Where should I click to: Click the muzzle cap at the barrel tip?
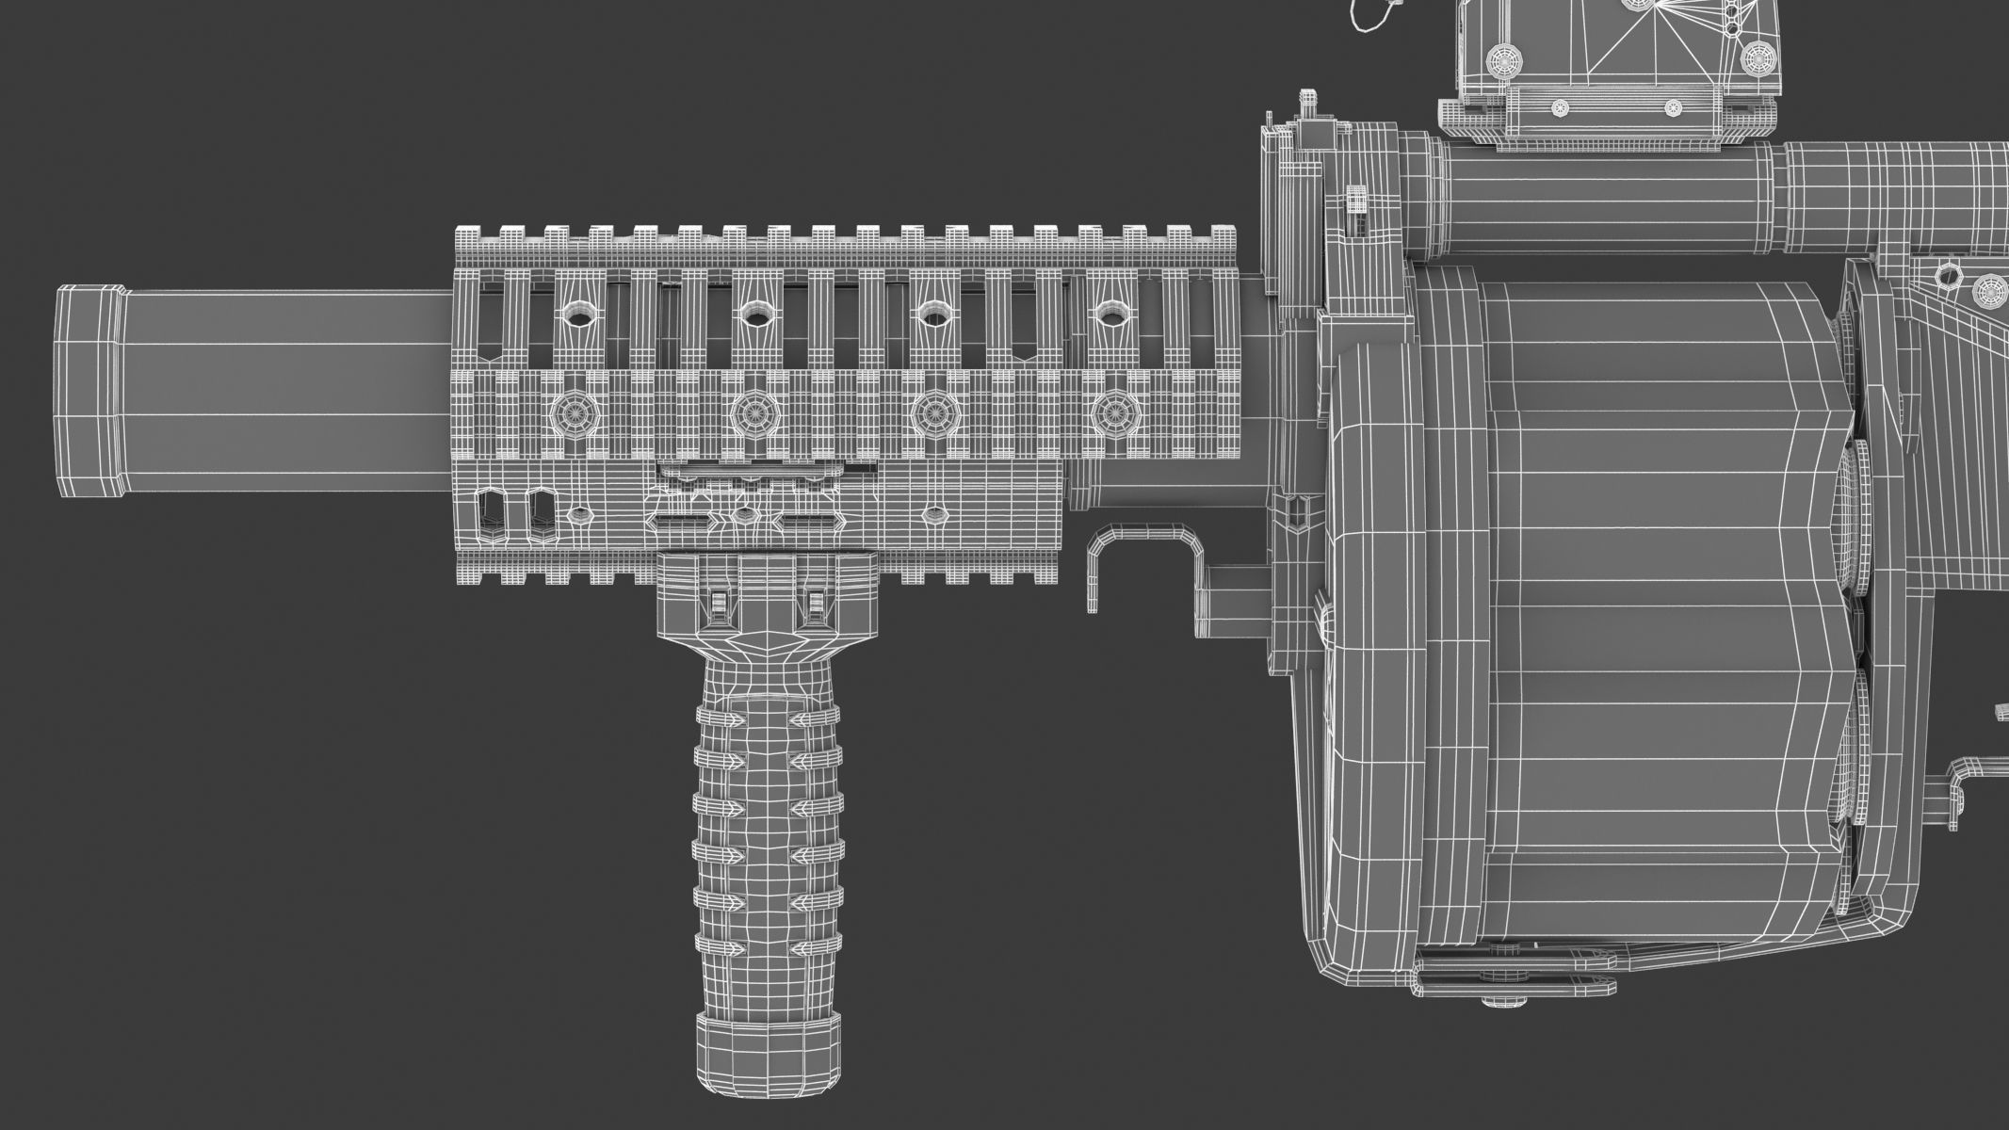[x=89, y=392]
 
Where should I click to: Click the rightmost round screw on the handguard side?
[x=1114, y=411]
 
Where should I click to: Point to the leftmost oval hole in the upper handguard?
[x=575, y=315]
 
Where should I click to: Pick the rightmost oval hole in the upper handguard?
[x=1113, y=313]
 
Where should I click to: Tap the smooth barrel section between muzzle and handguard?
[x=283, y=391]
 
